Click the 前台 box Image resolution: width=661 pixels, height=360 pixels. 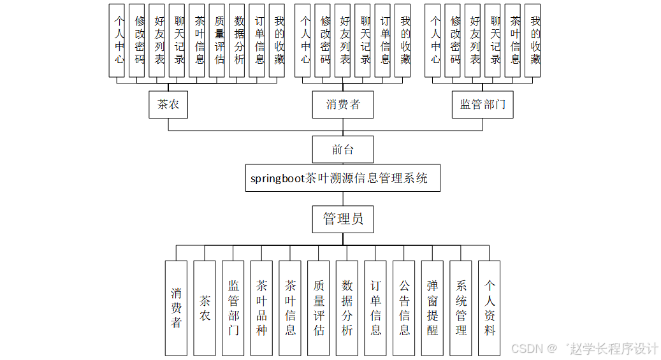coord(342,150)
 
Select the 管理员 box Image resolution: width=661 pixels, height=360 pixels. coord(342,219)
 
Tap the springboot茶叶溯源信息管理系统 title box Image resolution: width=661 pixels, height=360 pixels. coord(342,178)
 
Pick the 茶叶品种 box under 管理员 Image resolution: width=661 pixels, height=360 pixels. coord(261,308)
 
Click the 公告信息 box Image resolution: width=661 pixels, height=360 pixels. coord(404,308)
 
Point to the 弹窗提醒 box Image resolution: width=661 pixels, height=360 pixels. coord(433,308)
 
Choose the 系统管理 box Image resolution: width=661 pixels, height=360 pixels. coord(461,308)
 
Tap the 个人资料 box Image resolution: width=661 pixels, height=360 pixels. coord(490,308)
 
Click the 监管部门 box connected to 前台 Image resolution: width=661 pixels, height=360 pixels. coord(483,104)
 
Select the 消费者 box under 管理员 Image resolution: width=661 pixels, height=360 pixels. coord(176,308)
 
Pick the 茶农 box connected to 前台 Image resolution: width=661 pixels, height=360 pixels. coord(168,104)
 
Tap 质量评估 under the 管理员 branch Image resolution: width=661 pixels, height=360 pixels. coord(319,308)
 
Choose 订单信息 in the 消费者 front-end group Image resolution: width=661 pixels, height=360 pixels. coord(384,41)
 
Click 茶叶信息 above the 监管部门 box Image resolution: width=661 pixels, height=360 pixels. coord(515,41)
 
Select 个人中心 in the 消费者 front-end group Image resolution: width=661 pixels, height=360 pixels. coord(305,41)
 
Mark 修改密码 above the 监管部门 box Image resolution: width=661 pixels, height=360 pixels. coord(455,41)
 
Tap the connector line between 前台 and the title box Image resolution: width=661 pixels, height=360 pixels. coord(342,164)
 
